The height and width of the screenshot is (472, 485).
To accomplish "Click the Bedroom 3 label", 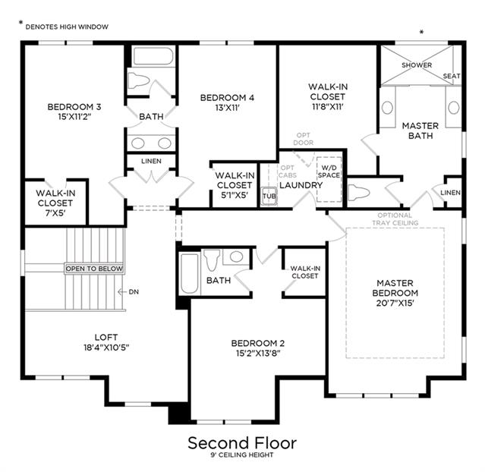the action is pyautogui.click(x=74, y=107).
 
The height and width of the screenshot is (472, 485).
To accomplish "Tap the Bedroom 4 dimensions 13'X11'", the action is pyautogui.click(x=228, y=108).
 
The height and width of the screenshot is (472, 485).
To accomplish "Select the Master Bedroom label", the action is pyautogui.click(x=395, y=288).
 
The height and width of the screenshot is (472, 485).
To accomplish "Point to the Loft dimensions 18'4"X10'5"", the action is pyautogui.click(x=106, y=348).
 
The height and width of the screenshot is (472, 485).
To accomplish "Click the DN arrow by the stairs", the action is pyautogui.click(x=122, y=291).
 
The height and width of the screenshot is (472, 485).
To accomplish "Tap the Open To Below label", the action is pyautogui.click(x=94, y=269).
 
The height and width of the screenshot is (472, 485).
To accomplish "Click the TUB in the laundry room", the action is pyautogui.click(x=269, y=196).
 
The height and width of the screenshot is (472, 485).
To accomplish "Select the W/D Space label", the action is pyautogui.click(x=329, y=171).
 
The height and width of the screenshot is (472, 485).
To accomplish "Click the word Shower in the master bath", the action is pyautogui.click(x=417, y=65).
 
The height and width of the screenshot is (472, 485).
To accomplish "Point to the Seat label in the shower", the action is pyautogui.click(x=452, y=76).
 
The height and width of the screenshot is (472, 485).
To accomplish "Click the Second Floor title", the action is pyautogui.click(x=242, y=443).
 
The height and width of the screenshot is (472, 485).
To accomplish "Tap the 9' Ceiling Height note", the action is pyautogui.click(x=242, y=455).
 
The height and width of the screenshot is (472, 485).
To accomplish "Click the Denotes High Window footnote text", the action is pyautogui.click(x=67, y=27).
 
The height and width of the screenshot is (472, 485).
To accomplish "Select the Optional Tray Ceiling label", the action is pyautogui.click(x=395, y=219).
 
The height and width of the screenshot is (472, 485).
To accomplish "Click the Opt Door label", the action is pyautogui.click(x=303, y=139).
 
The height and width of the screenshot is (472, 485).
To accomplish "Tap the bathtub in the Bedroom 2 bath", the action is pyautogui.click(x=189, y=273).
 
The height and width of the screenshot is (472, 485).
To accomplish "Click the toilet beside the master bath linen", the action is pyautogui.click(x=358, y=193).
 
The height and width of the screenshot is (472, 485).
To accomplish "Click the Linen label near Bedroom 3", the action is pyautogui.click(x=151, y=161).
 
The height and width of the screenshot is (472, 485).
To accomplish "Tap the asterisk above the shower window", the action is pyautogui.click(x=421, y=32).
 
